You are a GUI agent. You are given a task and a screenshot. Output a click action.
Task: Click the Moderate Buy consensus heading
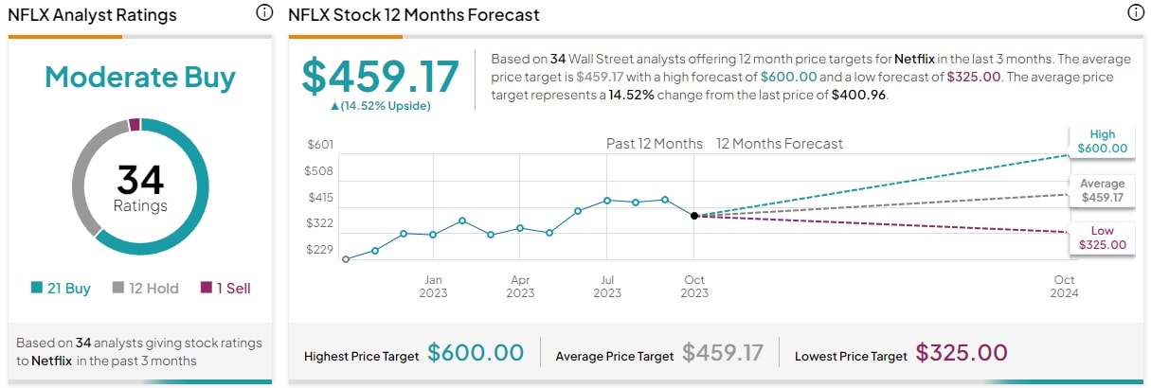click(x=140, y=78)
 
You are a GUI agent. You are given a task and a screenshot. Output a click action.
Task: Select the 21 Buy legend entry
click(x=61, y=289)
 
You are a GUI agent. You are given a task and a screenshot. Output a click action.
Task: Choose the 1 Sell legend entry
click(x=225, y=289)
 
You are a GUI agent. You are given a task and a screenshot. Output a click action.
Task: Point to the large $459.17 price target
click(x=380, y=76)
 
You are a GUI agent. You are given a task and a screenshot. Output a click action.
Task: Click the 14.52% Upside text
click(x=380, y=106)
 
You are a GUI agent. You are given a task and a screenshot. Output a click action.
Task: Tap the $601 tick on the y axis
click(x=320, y=144)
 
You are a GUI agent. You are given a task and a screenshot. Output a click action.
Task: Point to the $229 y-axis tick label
click(x=320, y=250)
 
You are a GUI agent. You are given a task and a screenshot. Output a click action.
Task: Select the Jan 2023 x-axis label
click(x=433, y=286)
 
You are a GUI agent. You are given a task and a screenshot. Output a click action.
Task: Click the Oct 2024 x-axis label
click(x=1064, y=286)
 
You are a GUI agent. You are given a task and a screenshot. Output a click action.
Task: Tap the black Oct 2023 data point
click(x=694, y=216)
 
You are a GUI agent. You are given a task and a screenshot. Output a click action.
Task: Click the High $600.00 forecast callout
click(x=1102, y=141)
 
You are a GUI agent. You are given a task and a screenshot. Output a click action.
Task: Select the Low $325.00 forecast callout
click(x=1102, y=238)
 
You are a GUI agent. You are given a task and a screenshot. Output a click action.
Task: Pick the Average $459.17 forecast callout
click(x=1102, y=190)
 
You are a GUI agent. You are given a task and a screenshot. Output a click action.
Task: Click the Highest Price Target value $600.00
click(x=476, y=353)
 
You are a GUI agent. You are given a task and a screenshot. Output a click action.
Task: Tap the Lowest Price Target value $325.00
click(x=962, y=353)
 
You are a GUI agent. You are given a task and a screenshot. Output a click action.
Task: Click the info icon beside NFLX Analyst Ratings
click(x=263, y=13)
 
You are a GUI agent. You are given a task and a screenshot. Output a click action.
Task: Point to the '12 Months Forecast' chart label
click(x=779, y=144)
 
